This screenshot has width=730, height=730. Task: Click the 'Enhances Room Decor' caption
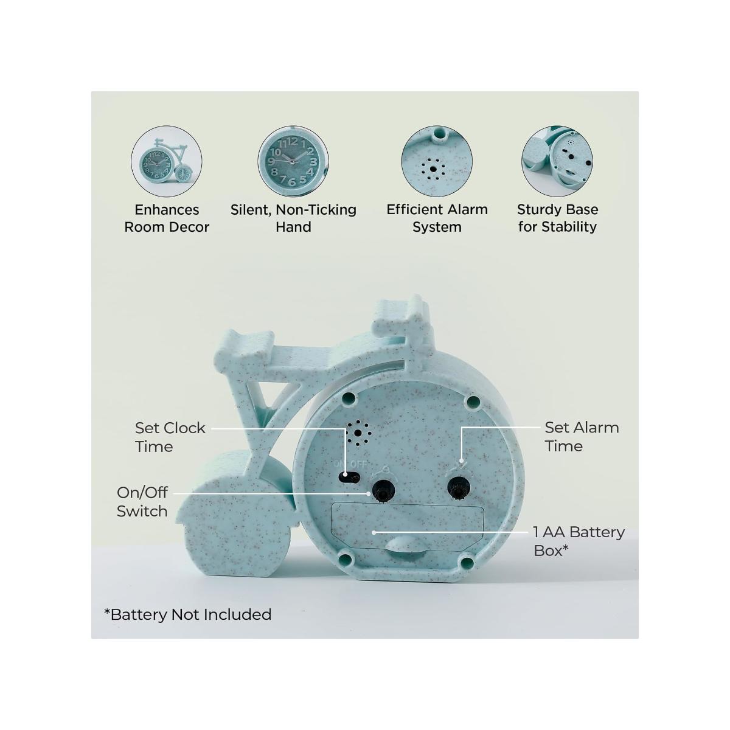coord(167,218)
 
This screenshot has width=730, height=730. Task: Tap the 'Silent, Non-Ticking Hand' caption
coord(294,218)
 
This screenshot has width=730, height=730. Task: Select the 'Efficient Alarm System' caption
coord(437,218)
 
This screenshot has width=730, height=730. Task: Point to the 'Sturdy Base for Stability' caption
coord(558,218)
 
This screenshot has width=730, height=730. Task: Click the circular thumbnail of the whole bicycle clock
coord(167,161)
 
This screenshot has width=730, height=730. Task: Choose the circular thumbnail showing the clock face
coord(293,161)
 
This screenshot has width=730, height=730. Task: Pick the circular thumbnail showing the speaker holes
coord(437,161)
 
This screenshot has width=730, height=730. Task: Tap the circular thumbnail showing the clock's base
coord(557,161)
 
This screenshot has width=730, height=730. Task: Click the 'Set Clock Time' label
coord(170,437)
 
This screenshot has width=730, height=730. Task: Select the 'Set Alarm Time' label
coord(582,437)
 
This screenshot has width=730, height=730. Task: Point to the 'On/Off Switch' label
coord(142,502)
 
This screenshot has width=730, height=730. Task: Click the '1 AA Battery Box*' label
coord(579,541)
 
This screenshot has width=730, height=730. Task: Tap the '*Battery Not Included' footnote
coord(188,614)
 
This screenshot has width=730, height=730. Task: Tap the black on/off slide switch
coord(349,478)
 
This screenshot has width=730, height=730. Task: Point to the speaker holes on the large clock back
coord(357,433)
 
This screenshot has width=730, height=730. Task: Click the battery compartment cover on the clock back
coord(408,527)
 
